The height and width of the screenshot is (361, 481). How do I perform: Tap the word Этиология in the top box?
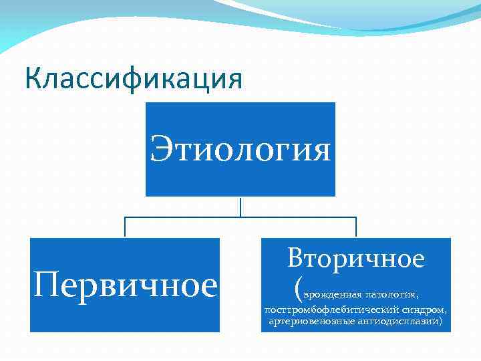(x=240, y=149)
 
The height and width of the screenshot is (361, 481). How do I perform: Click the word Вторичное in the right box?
(x=356, y=259)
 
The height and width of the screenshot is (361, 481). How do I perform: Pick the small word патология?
(x=391, y=293)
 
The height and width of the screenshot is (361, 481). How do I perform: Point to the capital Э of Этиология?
(x=160, y=149)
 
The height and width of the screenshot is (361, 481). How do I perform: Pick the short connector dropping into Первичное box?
(x=125, y=227)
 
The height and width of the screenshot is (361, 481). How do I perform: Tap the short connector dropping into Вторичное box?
(x=356, y=227)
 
